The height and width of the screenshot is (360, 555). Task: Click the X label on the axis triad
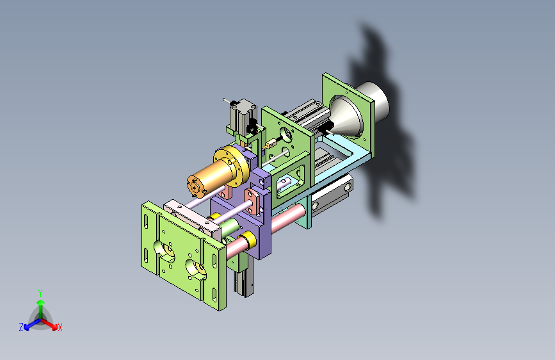click(60, 327)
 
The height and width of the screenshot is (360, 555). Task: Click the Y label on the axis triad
click(40, 293)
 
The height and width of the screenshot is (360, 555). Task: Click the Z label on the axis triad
click(21, 327)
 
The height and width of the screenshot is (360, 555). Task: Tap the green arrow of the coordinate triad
click(41, 309)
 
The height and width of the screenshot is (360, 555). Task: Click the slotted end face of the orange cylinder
click(197, 186)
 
